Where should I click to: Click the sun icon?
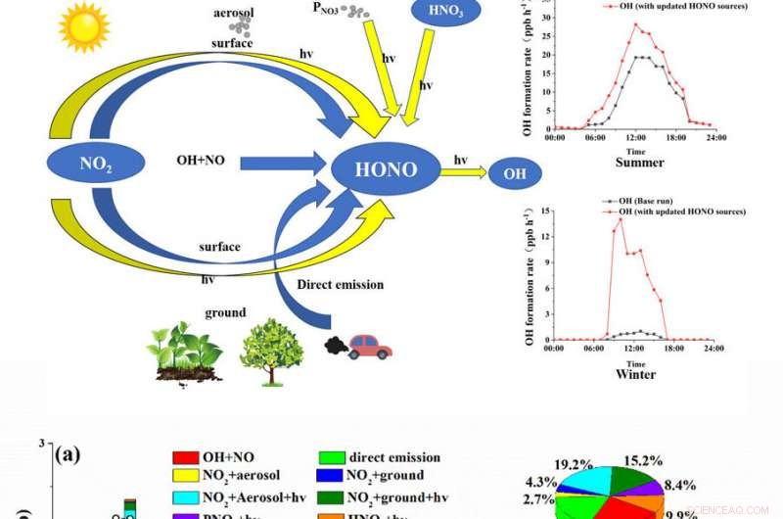point(84,27)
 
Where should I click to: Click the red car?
point(369,347)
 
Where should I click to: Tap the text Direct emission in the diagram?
point(340,284)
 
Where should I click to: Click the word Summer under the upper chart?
point(639,163)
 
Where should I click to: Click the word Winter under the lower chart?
point(635,374)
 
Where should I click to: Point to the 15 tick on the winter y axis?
point(545,210)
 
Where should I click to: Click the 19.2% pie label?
point(574,464)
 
